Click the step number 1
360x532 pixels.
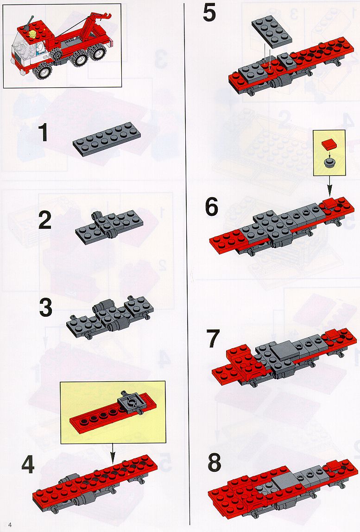[x=43, y=132]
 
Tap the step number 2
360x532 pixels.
[x=45, y=220]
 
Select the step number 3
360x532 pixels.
[x=46, y=307]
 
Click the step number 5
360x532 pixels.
[x=209, y=13]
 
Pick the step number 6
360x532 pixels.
[x=212, y=207]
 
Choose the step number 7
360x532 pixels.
[x=213, y=338]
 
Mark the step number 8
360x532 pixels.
[x=215, y=463]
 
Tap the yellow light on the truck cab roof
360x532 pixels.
[x=33, y=34]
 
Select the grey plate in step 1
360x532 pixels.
[x=107, y=139]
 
